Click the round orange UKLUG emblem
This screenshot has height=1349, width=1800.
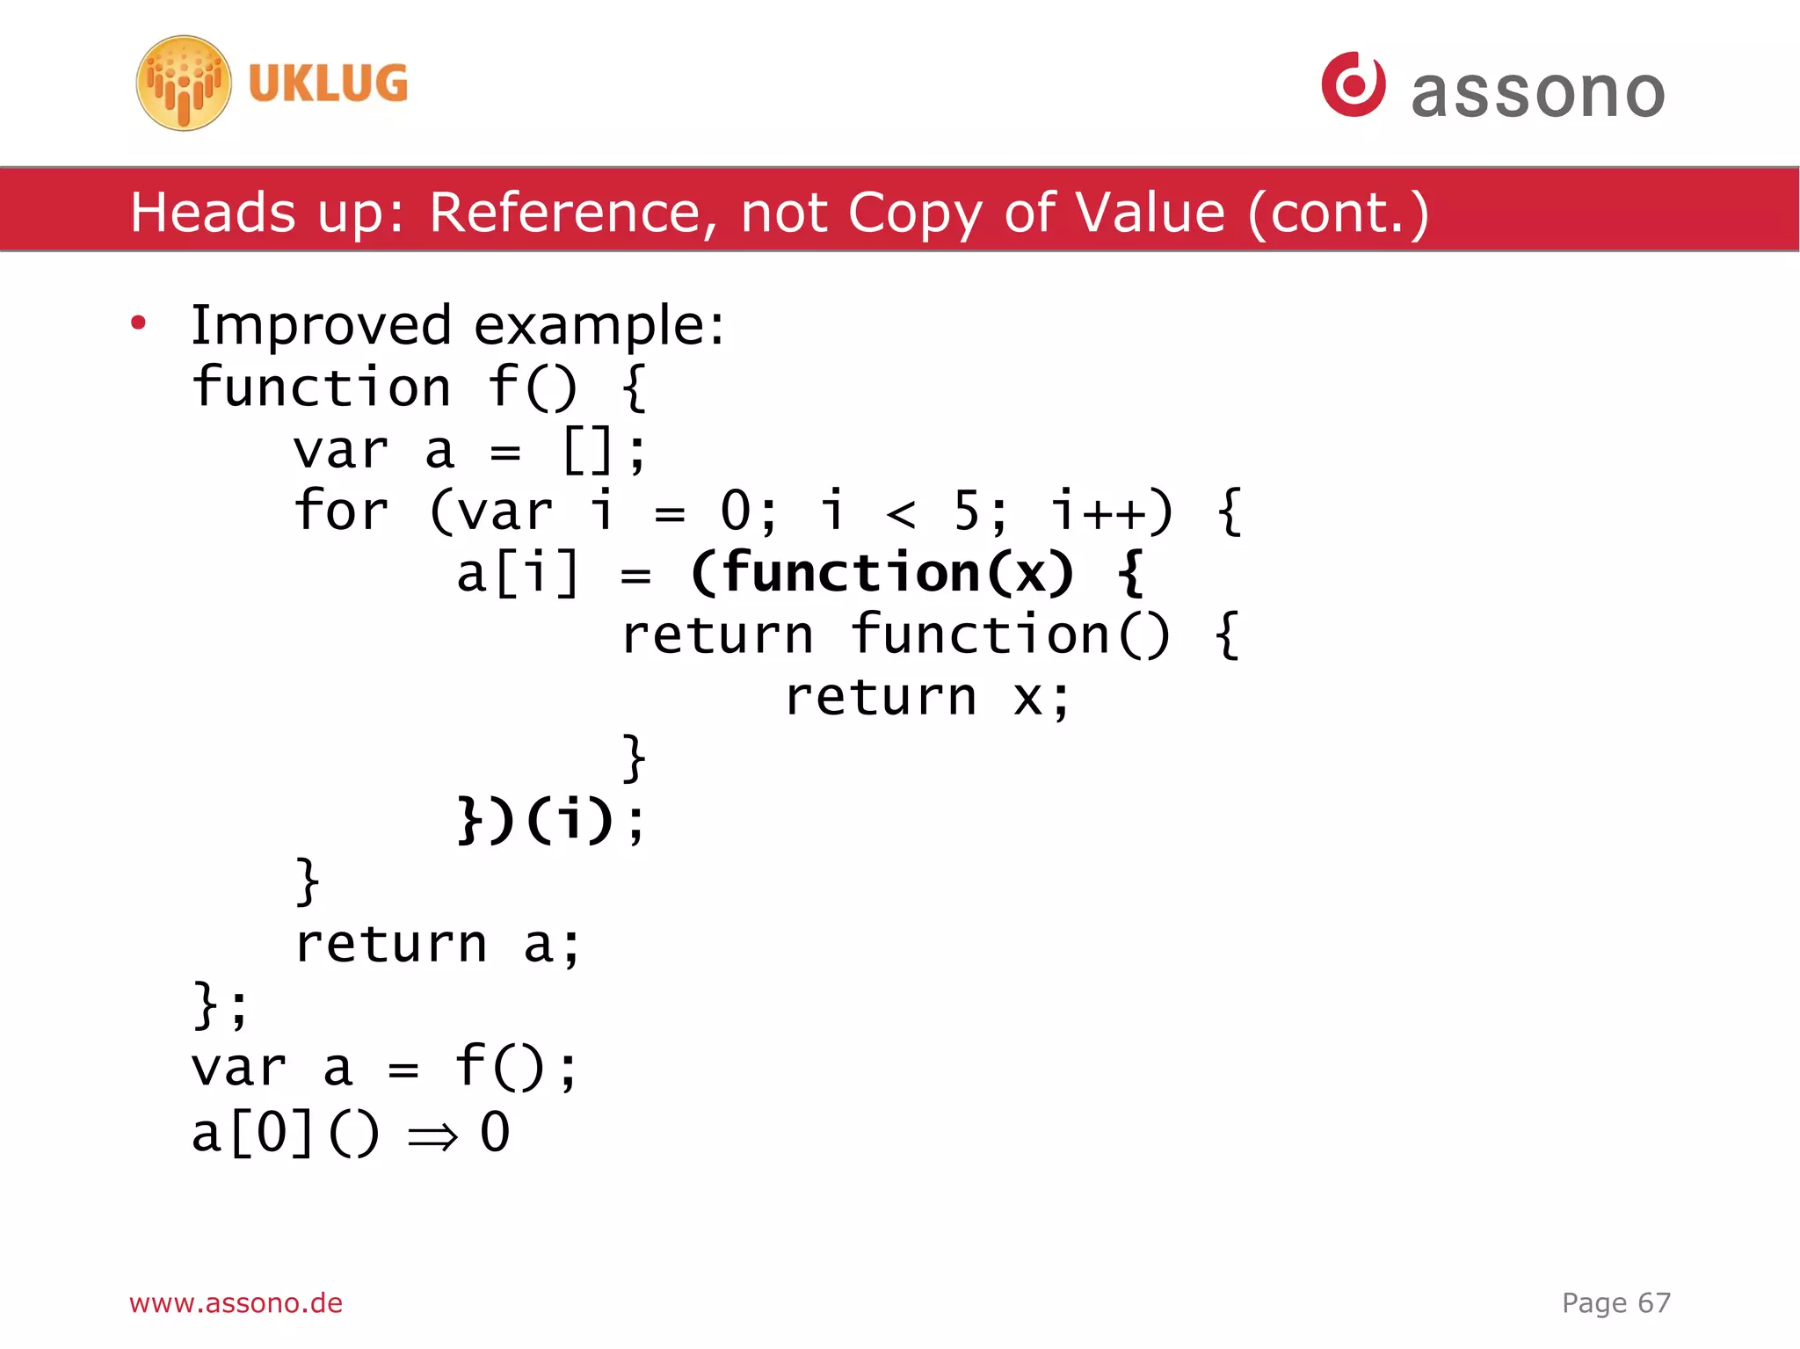point(184,83)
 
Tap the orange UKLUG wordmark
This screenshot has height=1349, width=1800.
point(328,84)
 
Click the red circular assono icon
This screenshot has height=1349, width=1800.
point(1354,84)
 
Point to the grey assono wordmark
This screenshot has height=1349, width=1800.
point(1538,92)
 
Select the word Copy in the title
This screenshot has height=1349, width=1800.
point(914,213)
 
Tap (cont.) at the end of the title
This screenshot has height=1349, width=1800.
point(1338,213)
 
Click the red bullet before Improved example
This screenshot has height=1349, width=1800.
point(138,323)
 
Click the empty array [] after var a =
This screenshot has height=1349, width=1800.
point(586,451)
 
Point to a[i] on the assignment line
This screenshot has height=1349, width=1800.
point(518,573)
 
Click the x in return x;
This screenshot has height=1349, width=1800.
point(1027,698)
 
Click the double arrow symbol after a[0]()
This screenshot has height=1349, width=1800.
point(433,1135)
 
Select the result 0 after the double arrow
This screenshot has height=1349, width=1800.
point(495,1132)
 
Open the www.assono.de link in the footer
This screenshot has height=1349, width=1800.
point(236,1302)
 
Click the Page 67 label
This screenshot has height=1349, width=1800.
point(1615,1302)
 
